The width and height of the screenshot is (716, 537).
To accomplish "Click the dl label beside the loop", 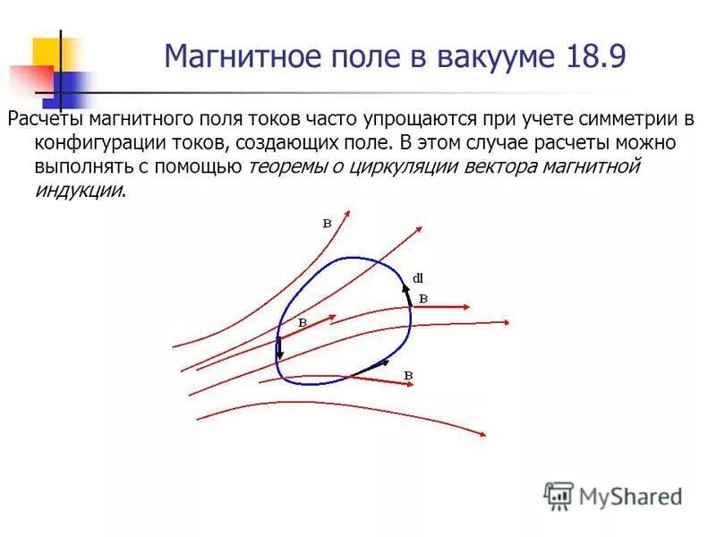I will [417, 277].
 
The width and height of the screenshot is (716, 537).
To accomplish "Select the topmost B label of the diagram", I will [327, 224].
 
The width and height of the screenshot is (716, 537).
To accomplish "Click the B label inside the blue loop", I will [303, 321].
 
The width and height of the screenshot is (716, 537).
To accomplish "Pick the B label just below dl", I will [423, 298].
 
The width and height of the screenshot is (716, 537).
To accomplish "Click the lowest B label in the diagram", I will [408, 374].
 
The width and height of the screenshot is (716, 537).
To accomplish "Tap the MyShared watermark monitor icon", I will [558, 495].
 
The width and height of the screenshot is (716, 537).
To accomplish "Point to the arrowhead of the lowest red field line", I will [482, 435].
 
